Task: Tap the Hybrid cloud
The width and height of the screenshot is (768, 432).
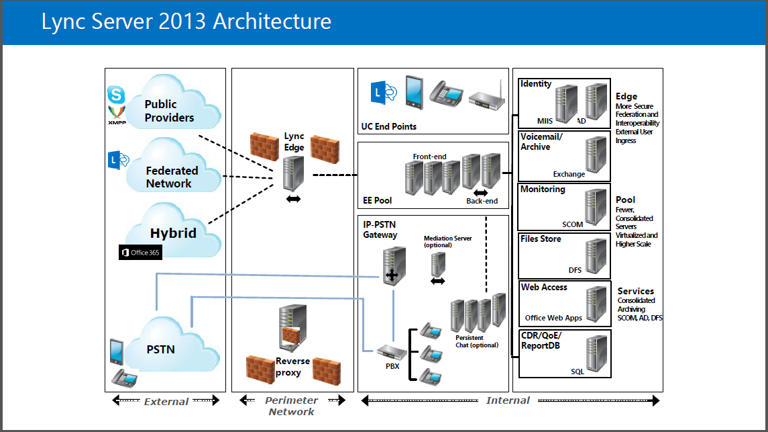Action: point(174,231)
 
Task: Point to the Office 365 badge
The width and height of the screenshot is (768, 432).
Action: point(140,253)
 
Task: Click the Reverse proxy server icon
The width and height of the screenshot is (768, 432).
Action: point(292,325)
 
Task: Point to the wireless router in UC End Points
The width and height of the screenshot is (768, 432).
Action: point(485,98)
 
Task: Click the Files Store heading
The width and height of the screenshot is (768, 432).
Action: point(541,239)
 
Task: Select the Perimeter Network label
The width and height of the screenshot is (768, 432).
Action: point(292,406)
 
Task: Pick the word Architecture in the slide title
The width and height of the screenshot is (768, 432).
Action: point(272,21)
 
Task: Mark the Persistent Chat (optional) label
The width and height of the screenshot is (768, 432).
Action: point(476,341)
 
